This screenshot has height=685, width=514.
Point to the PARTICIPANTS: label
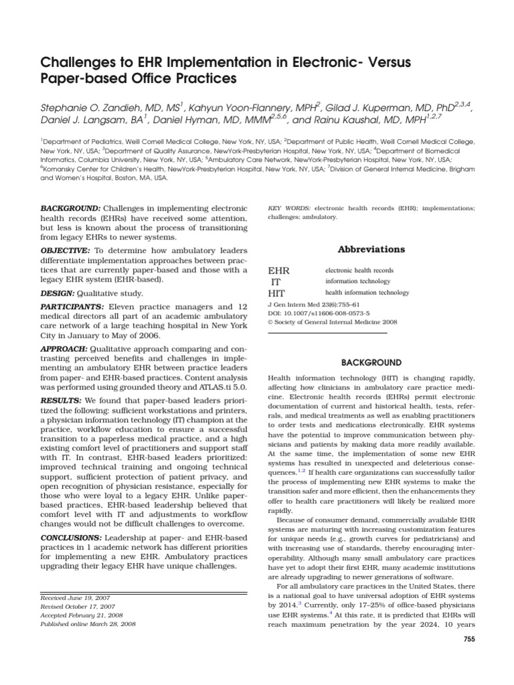coord(72,306)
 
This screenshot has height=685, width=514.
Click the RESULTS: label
coord(58,400)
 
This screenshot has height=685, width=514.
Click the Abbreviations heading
coord(361,249)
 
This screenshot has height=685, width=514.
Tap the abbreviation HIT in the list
coord(276,293)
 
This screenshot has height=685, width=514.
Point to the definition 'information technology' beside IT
coord(357,282)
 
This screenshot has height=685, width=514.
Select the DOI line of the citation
coord(318,312)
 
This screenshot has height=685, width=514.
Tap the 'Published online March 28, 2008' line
coord(88,623)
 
